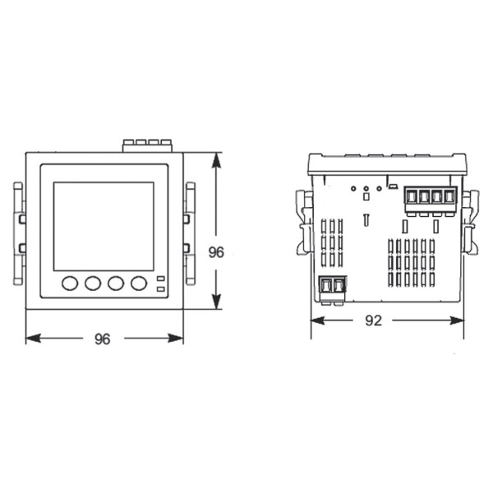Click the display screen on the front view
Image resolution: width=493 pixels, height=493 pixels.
pos(104,226)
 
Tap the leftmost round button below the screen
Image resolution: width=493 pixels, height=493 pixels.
pos(70,283)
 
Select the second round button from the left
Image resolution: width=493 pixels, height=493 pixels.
pos(93,283)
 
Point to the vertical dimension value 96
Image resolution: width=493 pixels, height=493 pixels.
pos(216,253)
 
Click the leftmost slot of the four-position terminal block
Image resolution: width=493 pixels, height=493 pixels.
pos(410,197)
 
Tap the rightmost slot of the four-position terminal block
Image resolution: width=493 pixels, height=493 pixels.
pos(449,197)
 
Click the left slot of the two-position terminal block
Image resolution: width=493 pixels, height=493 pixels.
pos(326,286)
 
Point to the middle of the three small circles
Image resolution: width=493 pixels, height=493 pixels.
pos(365,188)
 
